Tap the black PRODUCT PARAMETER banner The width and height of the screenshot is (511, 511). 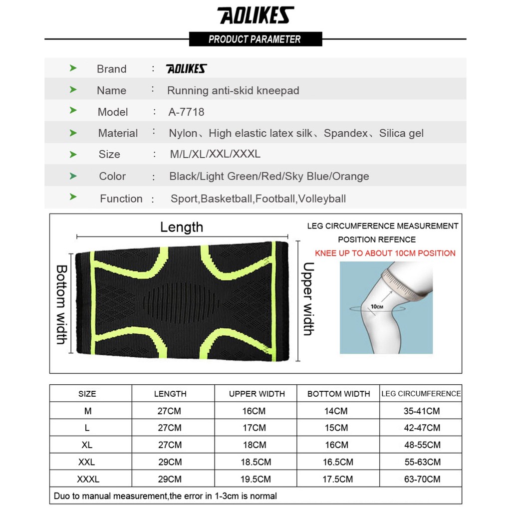[x=255, y=39]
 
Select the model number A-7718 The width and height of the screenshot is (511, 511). [x=187, y=112]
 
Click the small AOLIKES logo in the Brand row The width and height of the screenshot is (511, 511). [x=186, y=69]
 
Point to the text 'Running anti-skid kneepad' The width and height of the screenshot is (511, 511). [x=233, y=91]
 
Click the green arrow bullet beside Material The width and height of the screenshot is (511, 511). [x=73, y=133]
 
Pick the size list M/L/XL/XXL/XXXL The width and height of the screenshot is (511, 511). [x=215, y=154]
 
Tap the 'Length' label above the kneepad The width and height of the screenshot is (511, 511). [x=182, y=227]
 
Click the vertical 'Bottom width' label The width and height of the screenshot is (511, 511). [x=61, y=304]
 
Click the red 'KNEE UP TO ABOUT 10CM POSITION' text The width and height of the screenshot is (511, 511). [x=385, y=253]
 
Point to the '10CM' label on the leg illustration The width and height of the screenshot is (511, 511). [x=376, y=307]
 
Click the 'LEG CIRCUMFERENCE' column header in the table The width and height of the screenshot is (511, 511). [x=421, y=394]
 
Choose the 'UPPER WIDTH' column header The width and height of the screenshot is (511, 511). [x=256, y=394]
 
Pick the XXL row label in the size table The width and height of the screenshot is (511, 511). [x=86, y=462]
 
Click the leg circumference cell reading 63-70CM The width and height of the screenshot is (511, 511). [x=422, y=480]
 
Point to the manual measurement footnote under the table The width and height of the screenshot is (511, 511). [x=165, y=496]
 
